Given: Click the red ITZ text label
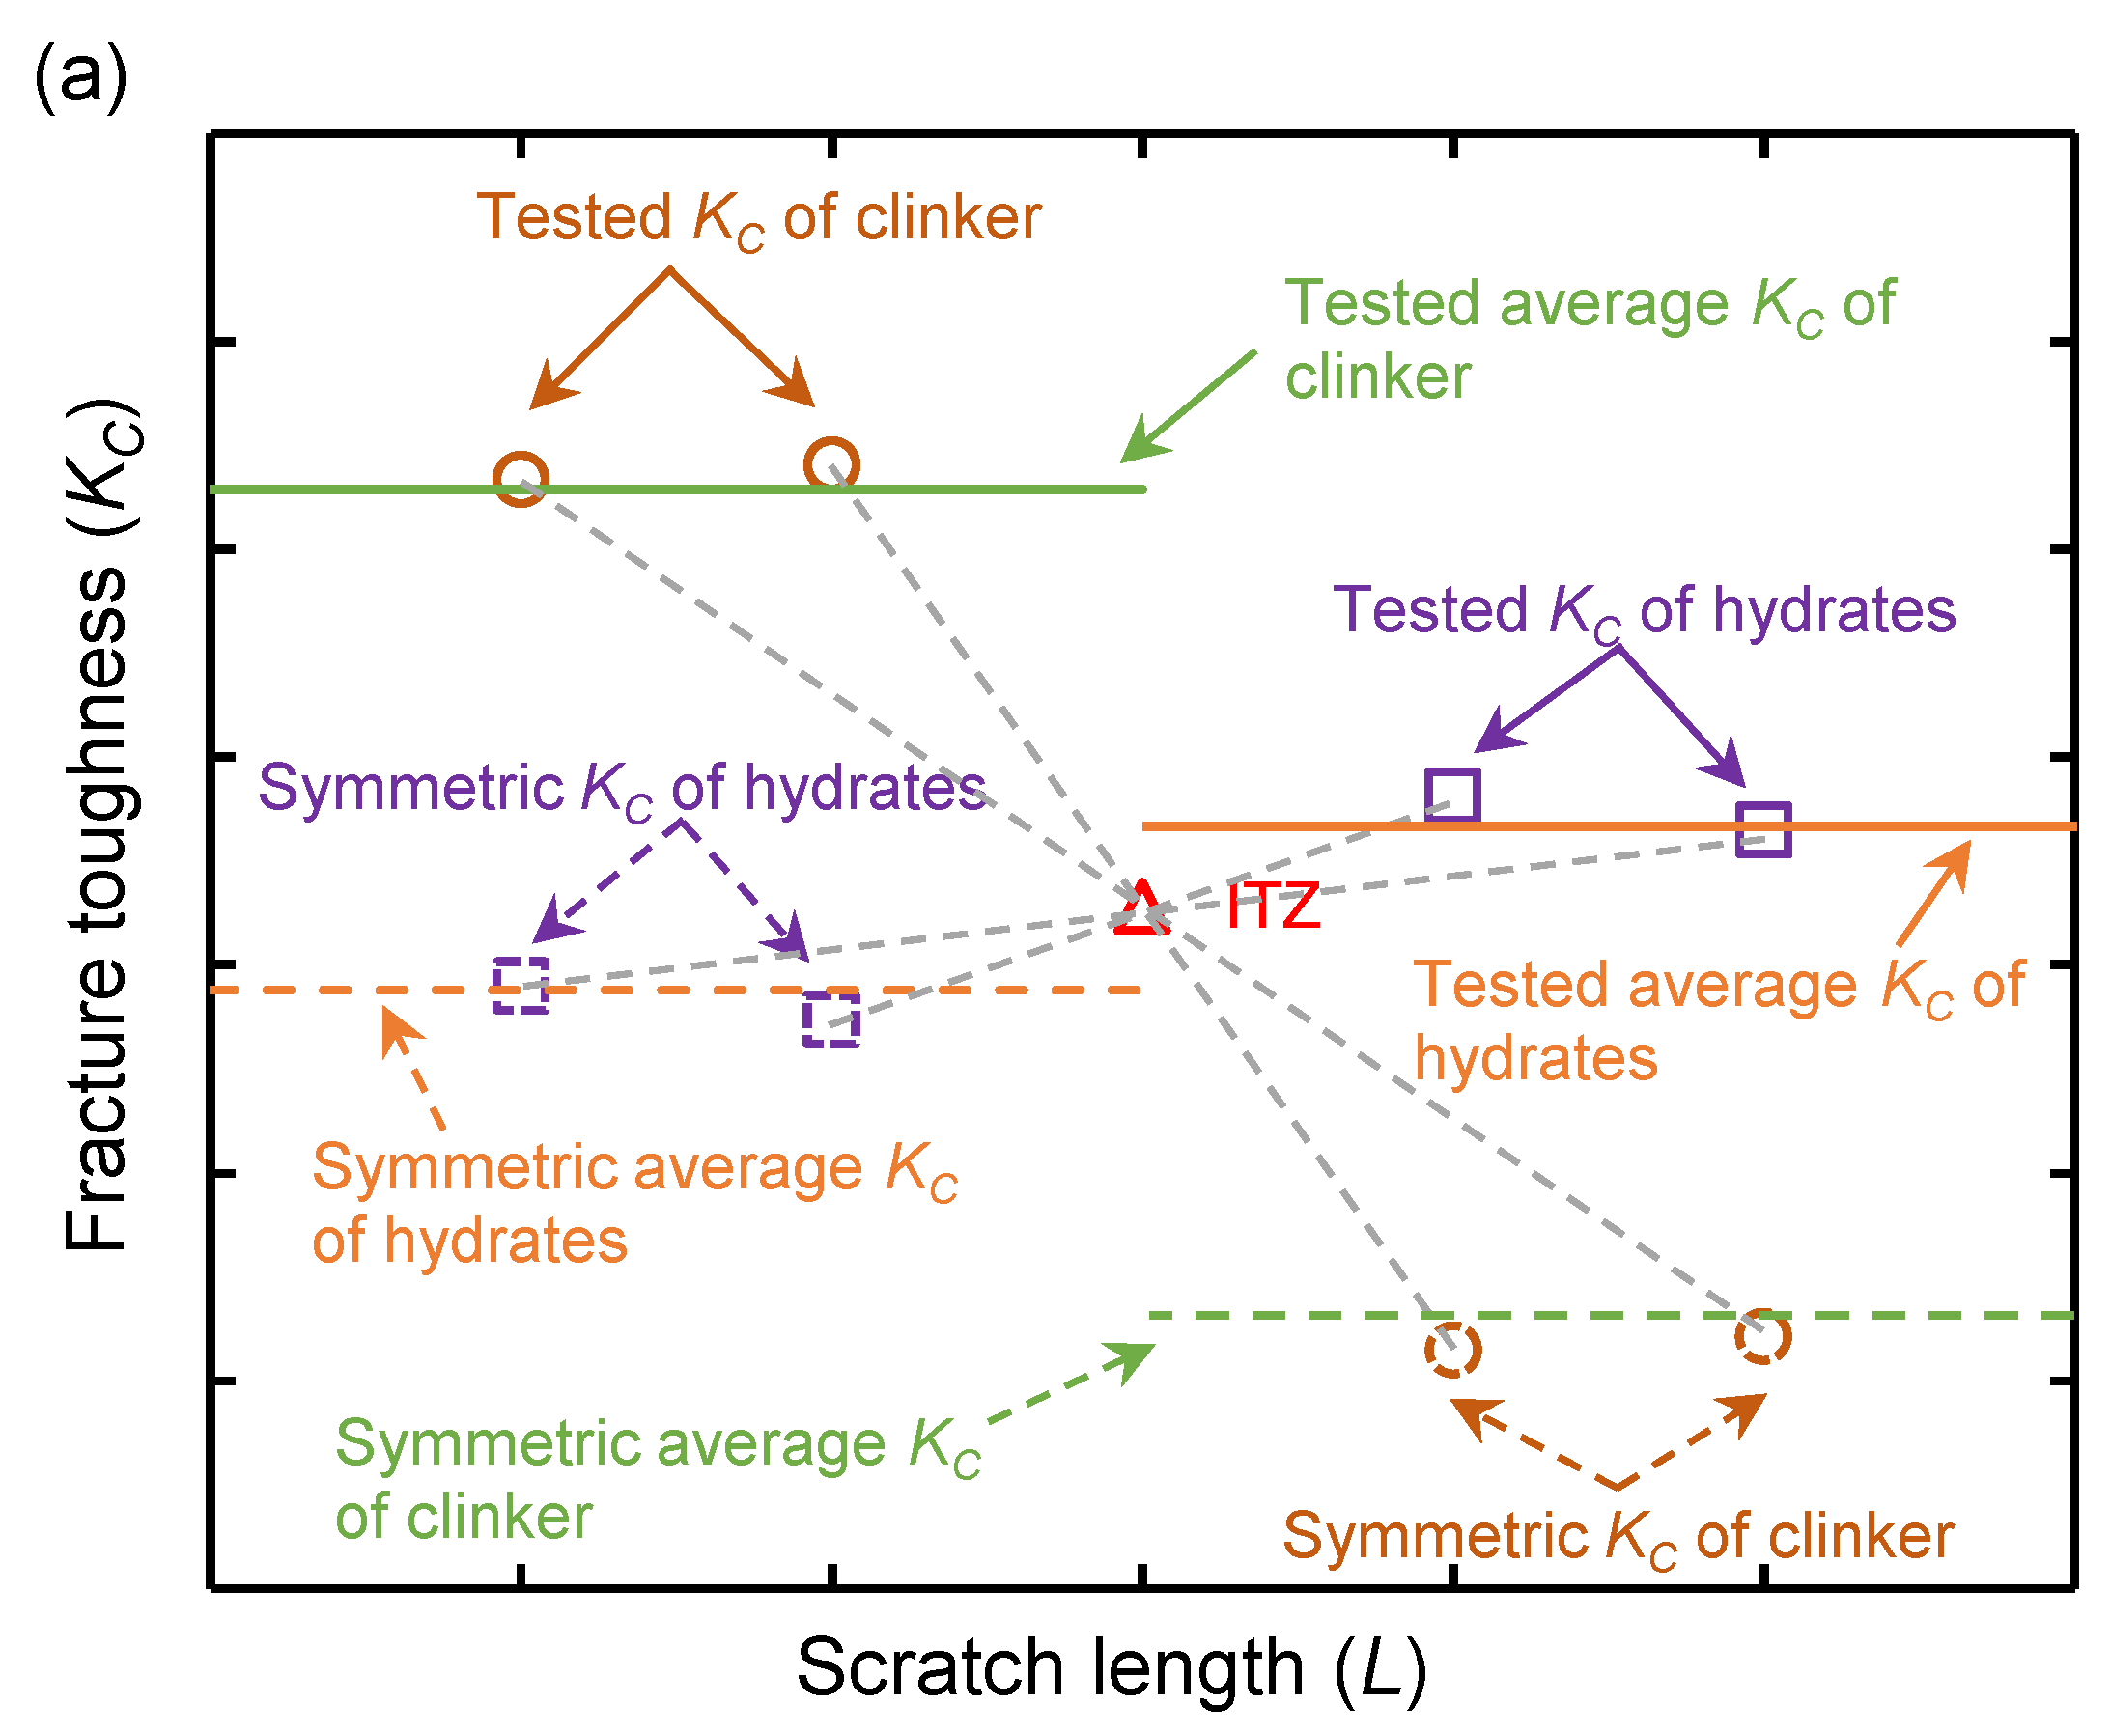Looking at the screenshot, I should point(1274,907).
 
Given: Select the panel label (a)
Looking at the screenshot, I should point(80,77).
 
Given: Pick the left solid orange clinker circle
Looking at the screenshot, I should point(521,479).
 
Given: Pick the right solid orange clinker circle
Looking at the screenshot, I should point(831,464).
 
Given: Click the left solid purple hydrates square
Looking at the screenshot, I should point(1451,795).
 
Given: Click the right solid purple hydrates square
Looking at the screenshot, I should point(1763,828).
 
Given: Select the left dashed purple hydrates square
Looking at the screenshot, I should point(521,985).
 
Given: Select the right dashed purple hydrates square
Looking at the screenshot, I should point(831,1019).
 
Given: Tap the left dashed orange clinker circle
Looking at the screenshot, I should point(1451,1350).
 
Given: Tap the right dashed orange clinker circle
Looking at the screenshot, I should point(1763,1336).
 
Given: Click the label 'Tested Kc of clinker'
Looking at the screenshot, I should point(758,218).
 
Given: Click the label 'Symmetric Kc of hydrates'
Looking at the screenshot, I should point(621,789).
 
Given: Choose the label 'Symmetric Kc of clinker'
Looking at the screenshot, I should point(1617,1537).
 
